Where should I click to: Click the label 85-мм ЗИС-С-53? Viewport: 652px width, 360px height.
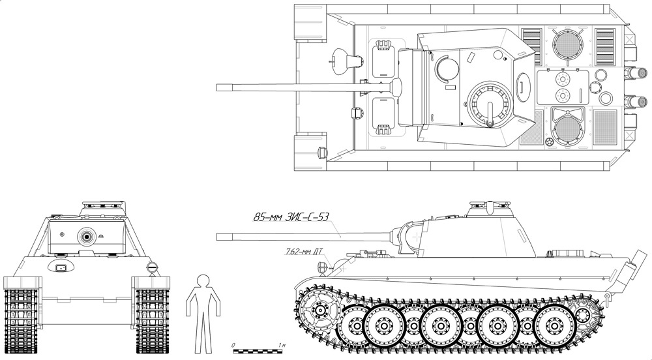point(289,217)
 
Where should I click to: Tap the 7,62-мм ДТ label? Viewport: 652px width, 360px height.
point(304,251)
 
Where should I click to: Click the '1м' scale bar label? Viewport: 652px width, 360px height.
point(282,346)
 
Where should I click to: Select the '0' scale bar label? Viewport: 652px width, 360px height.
point(234,346)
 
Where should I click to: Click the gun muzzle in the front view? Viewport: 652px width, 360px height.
point(87,237)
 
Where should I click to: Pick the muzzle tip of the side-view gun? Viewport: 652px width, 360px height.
point(217,237)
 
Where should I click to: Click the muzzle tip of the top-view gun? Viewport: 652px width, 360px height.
point(217,87)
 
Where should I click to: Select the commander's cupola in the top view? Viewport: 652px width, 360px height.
point(490,104)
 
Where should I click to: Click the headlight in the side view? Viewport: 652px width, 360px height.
point(321,267)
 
